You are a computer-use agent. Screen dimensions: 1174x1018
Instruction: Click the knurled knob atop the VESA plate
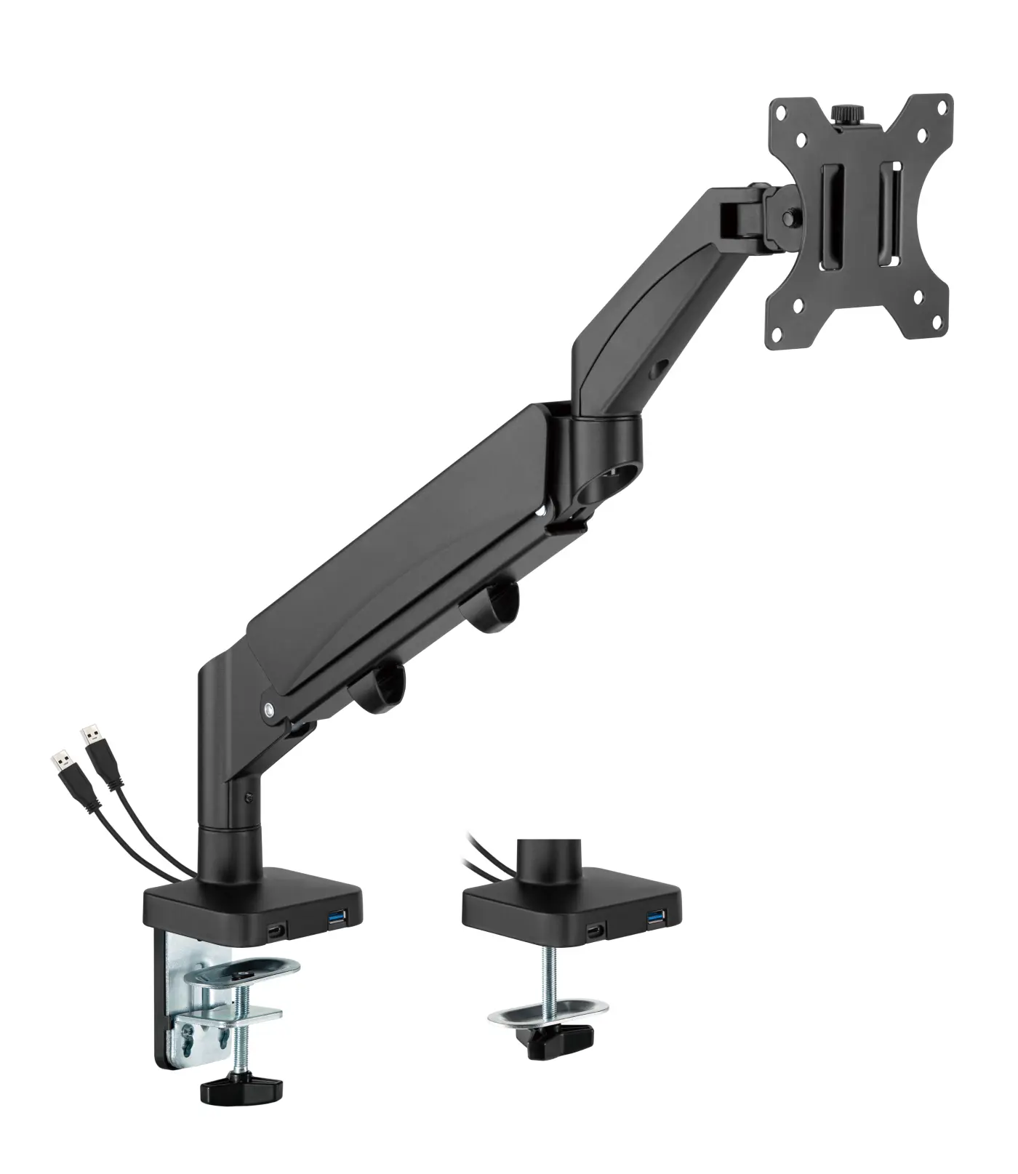point(844,115)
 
